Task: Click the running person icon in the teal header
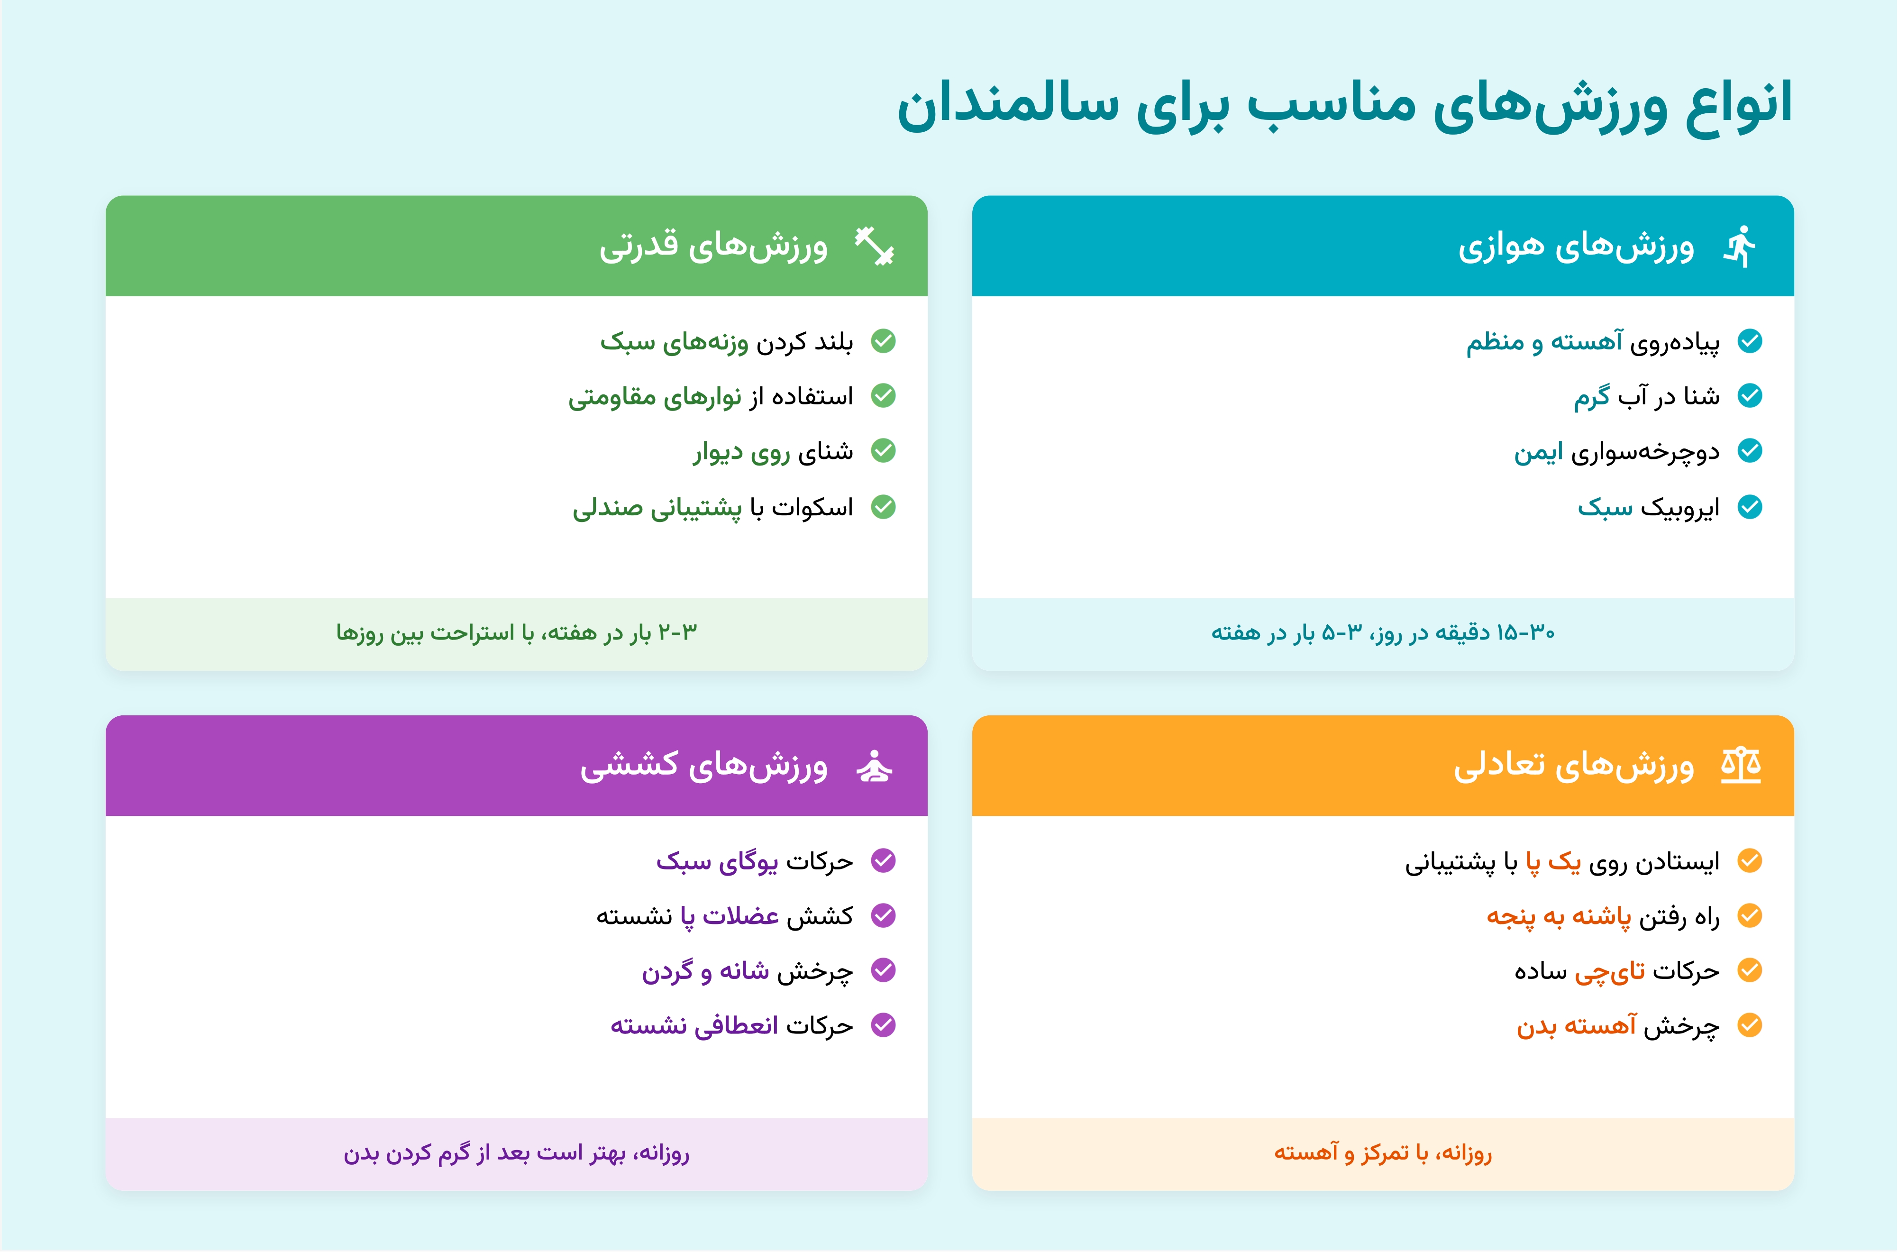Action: click(x=1741, y=246)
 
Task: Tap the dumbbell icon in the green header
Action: click(x=875, y=246)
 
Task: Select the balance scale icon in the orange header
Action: click(x=1741, y=766)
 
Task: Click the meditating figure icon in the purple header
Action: click(x=875, y=766)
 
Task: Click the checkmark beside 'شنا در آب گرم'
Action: click(x=1750, y=396)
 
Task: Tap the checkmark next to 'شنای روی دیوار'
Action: click(x=883, y=451)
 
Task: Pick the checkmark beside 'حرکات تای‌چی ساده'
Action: click(x=1750, y=970)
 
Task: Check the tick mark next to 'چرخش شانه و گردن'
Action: click(x=883, y=970)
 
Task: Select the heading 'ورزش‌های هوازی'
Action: click(x=1576, y=246)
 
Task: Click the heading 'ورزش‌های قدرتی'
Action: click(x=714, y=246)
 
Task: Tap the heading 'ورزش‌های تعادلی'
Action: click(x=1574, y=766)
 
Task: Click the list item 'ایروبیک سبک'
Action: click(x=1648, y=508)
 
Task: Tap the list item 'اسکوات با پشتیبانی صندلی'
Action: click(x=712, y=508)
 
